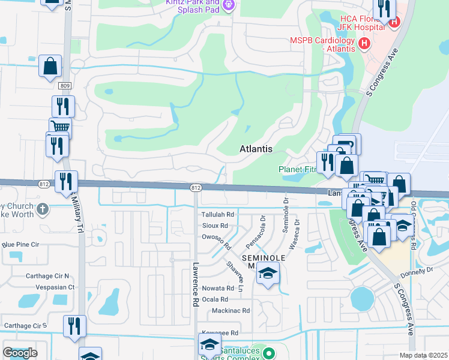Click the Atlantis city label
256,149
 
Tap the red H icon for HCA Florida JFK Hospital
394,23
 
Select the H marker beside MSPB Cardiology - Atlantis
363,43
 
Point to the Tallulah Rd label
217,214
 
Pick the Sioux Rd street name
215,226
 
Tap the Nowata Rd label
217,288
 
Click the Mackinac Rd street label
231,311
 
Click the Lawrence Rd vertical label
196,284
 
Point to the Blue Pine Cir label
20,245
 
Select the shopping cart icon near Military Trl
59,126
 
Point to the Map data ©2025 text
423,355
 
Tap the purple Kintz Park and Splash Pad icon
228,6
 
